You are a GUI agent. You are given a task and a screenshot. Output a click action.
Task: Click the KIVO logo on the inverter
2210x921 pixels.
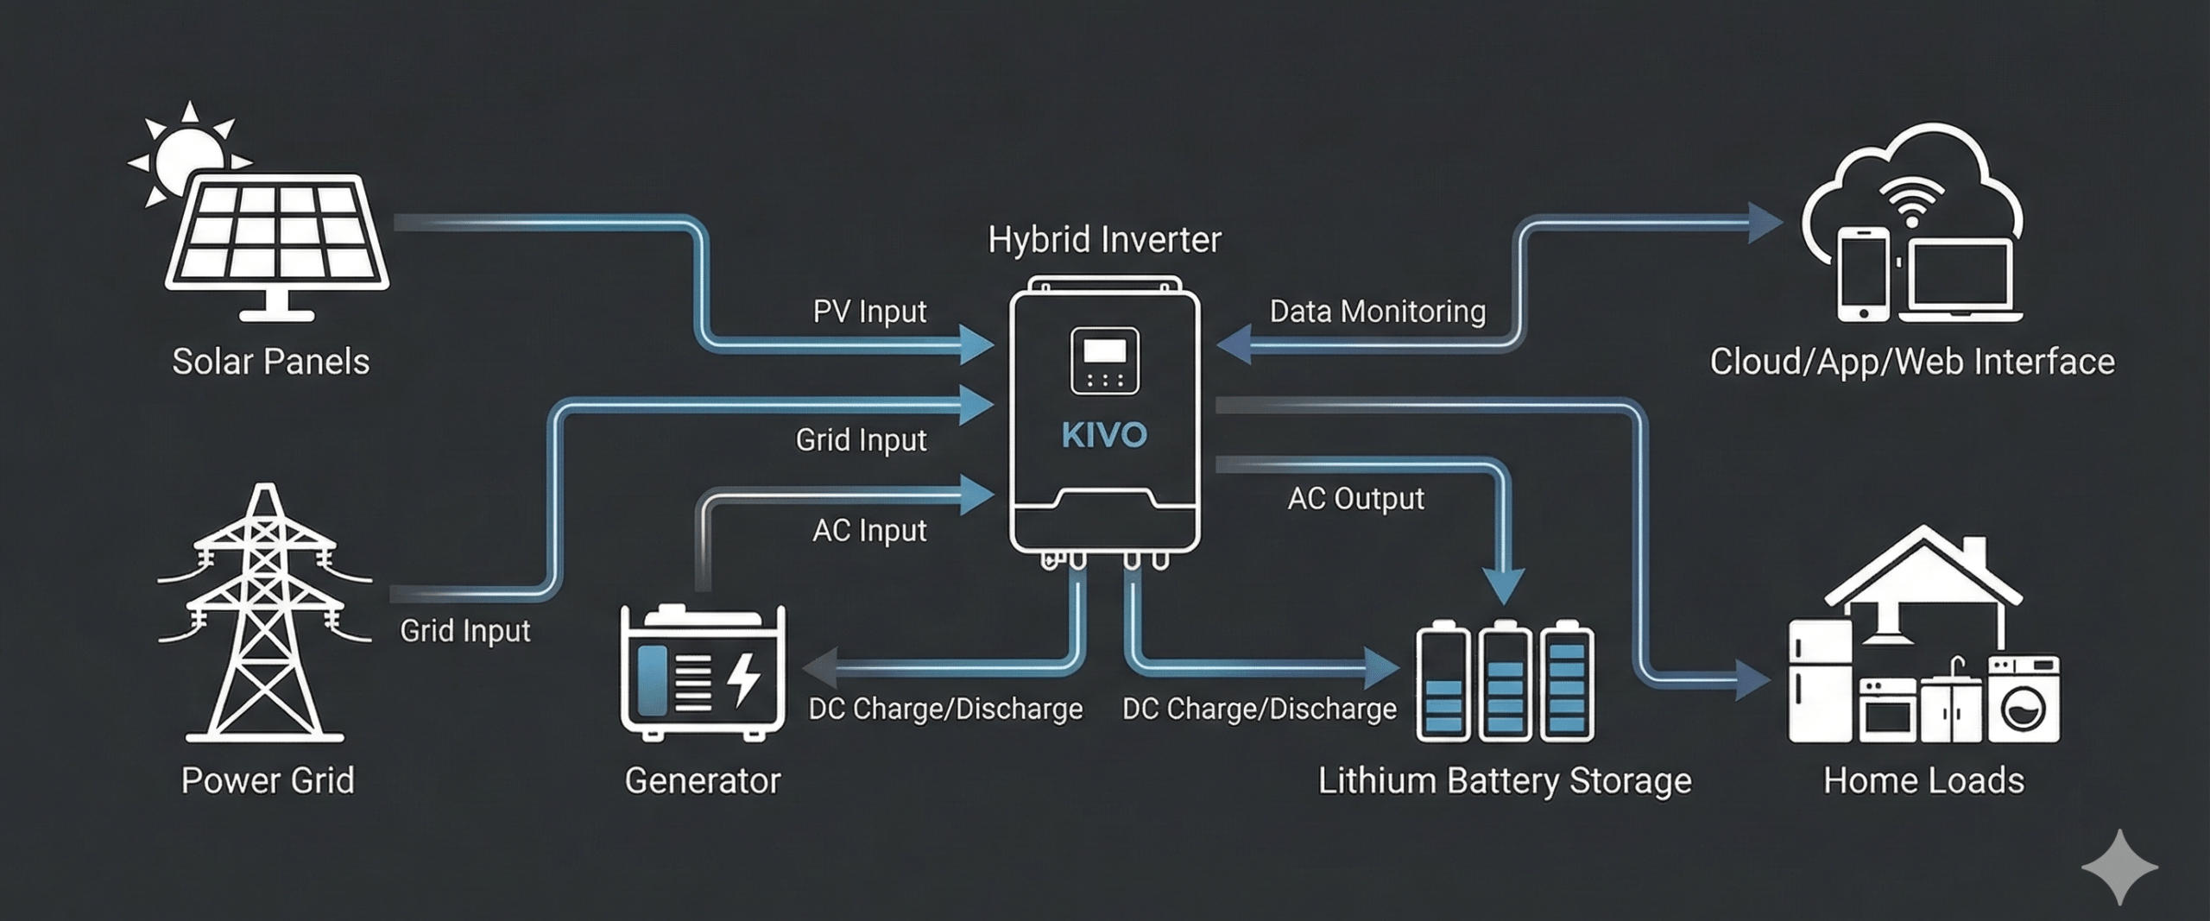click(x=1104, y=435)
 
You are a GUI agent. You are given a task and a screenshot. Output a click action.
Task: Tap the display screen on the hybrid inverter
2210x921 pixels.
click(x=1104, y=351)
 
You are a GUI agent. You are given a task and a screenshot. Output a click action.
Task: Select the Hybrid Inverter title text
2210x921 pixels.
click(x=1104, y=240)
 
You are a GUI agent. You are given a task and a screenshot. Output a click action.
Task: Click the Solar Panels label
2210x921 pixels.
click(x=270, y=362)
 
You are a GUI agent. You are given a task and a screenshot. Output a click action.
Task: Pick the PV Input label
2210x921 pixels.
click(x=869, y=312)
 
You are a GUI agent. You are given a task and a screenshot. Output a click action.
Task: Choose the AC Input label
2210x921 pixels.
click(x=869, y=530)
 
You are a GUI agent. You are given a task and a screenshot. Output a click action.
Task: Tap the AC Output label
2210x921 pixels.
click(x=1355, y=499)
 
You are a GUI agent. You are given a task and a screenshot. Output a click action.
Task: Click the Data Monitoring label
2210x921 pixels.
click(x=1377, y=312)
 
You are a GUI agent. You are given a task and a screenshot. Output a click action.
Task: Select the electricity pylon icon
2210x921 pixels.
click(x=264, y=613)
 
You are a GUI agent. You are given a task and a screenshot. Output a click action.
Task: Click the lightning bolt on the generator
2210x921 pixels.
click(x=743, y=679)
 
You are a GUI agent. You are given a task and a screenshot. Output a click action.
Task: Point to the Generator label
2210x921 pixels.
click(x=702, y=781)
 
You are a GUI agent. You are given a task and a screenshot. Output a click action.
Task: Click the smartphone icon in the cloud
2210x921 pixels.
click(x=1863, y=274)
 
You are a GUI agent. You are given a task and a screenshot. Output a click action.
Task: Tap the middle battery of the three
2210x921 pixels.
click(x=1505, y=682)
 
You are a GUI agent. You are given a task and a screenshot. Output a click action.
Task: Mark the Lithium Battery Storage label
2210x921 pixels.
click(x=1504, y=781)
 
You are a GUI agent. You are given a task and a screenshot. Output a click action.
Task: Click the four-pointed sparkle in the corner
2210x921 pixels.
click(x=2119, y=867)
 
